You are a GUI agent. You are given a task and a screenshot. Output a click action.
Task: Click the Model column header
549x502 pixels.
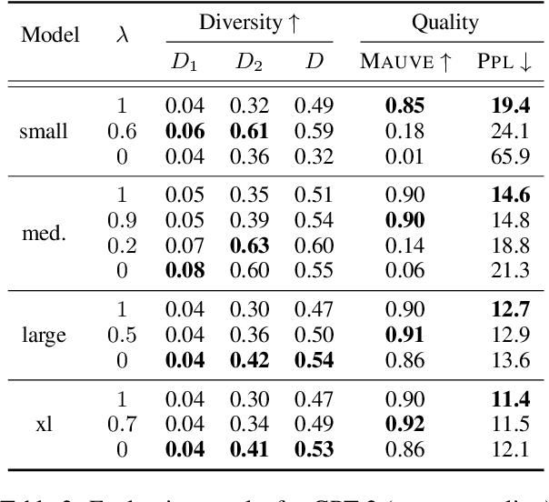50,36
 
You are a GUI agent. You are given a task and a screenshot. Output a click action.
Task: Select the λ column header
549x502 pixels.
124,36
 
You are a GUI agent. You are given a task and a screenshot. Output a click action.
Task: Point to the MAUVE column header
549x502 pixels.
401,61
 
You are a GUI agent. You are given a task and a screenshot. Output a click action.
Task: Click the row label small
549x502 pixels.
44,131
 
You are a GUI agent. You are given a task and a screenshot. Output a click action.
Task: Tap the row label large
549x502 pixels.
44,336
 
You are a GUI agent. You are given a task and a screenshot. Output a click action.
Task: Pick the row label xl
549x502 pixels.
44,423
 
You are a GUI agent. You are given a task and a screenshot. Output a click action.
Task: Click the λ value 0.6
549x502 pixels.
123,131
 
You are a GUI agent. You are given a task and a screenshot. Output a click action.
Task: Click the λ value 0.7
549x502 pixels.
123,423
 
